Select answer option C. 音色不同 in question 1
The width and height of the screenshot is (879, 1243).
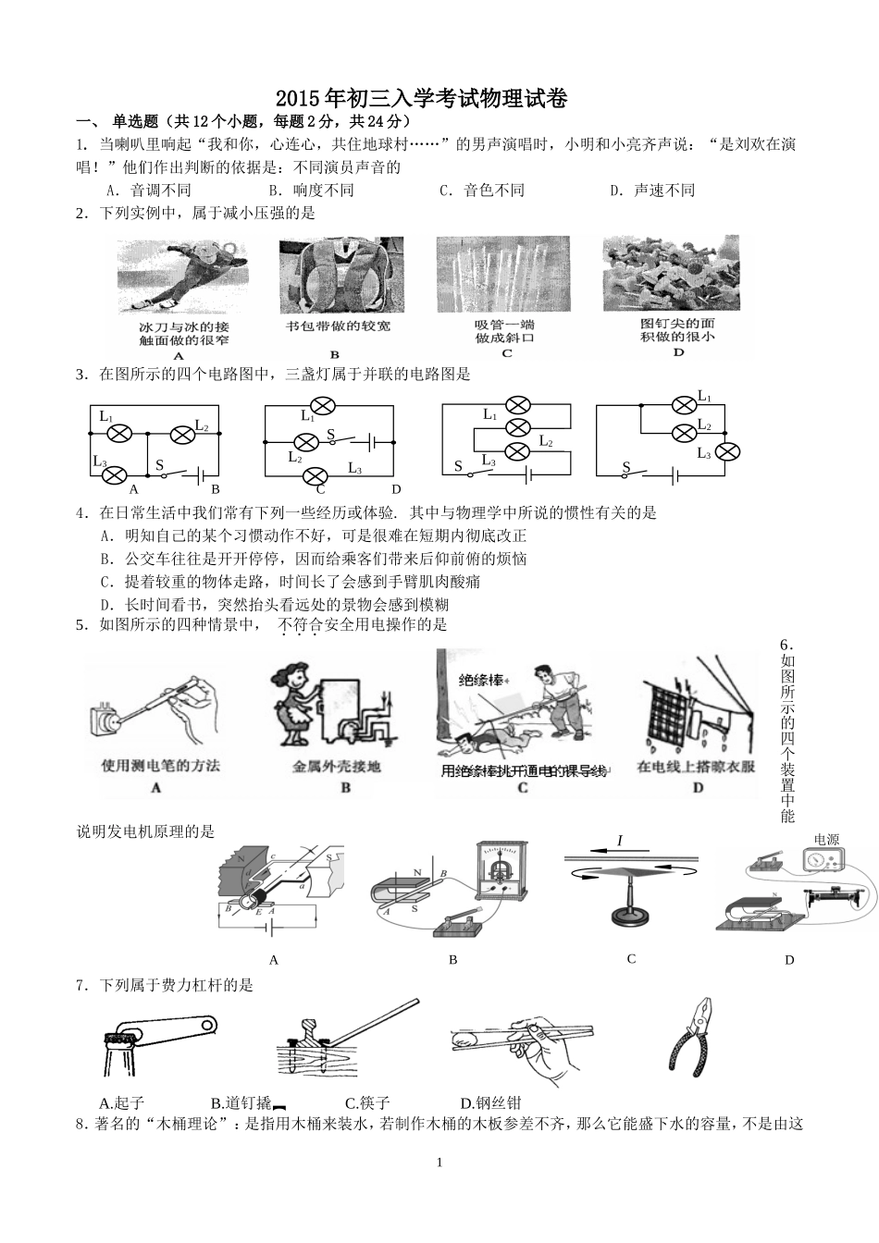click(x=482, y=191)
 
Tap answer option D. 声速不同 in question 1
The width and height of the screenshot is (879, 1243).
click(x=652, y=191)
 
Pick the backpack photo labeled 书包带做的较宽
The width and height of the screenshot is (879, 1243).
click(x=335, y=275)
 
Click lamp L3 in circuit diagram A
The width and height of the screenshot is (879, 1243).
click(x=114, y=474)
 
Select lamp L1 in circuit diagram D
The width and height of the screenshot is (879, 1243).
click(x=683, y=404)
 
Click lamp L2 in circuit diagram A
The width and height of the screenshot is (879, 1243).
click(x=177, y=431)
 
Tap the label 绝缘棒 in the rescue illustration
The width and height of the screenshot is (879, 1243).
click(x=484, y=680)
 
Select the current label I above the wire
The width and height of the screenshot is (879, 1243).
click(x=619, y=841)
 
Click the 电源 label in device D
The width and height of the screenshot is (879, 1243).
click(x=826, y=840)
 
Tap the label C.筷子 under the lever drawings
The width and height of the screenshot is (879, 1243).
click(x=367, y=1102)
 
